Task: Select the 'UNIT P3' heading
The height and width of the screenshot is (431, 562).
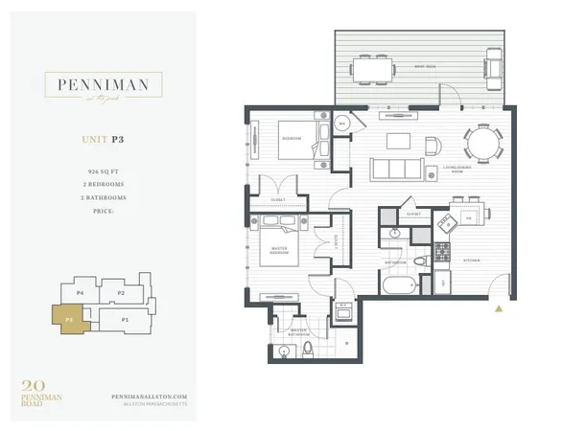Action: coord(103,140)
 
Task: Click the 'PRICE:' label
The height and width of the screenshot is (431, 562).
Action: coord(102,211)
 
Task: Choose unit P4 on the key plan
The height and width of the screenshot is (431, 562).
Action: coord(81,291)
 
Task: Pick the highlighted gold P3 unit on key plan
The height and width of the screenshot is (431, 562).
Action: coord(70,318)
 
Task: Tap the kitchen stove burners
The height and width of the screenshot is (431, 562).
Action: coord(443,252)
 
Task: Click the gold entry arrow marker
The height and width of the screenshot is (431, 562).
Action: coord(499,308)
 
